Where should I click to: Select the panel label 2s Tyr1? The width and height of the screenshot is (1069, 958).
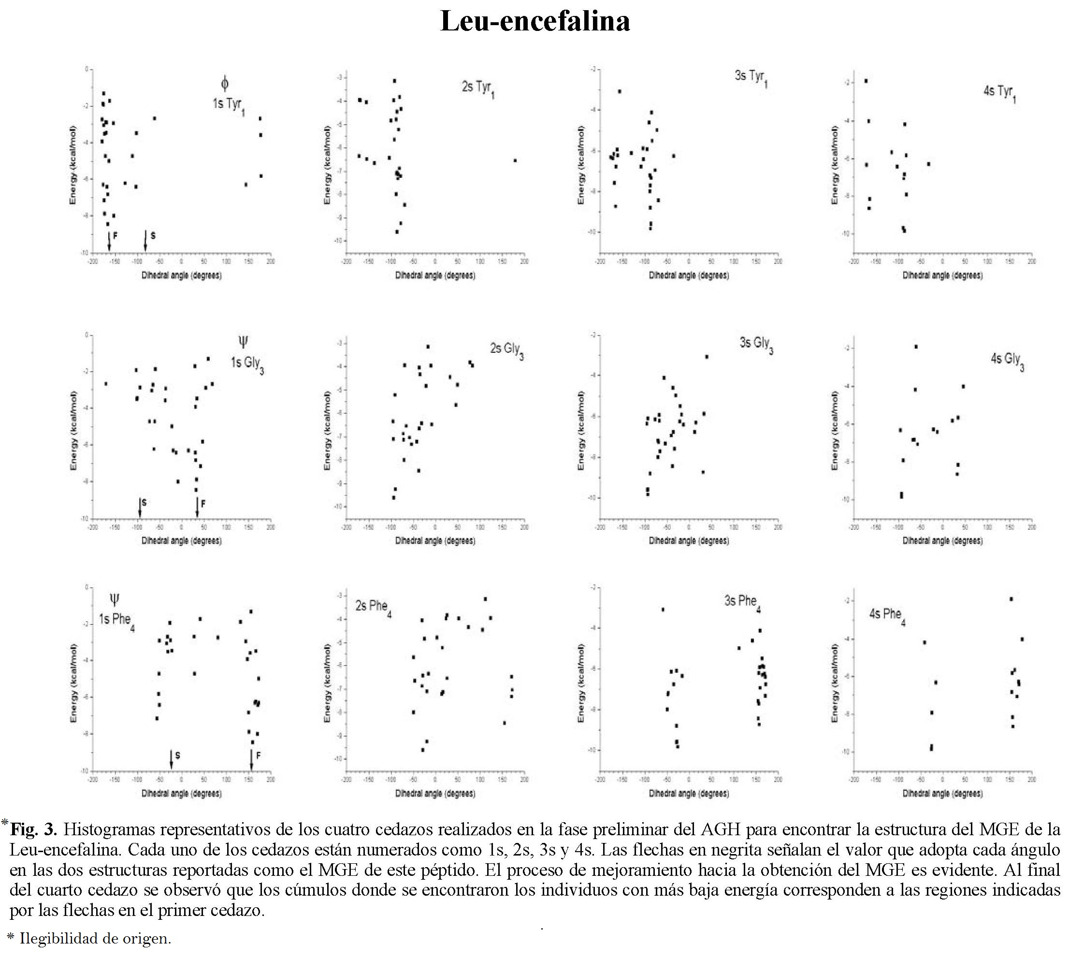click(478, 88)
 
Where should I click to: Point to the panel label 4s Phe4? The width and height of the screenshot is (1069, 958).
click(887, 616)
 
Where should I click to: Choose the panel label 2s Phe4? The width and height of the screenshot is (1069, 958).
click(373, 608)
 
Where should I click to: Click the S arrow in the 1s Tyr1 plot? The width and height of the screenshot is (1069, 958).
click(146, 240)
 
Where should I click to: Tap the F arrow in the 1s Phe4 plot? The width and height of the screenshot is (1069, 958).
click(252, 759)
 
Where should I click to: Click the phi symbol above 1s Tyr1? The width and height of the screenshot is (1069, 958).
click(225, 83)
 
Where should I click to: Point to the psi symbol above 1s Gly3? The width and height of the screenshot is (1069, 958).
click(243, 343)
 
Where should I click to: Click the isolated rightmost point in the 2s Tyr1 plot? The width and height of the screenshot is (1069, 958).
click(515, 160)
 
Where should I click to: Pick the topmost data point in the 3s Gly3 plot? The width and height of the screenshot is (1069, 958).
click(707, 357)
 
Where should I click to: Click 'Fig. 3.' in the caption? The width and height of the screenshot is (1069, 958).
click(34, 829)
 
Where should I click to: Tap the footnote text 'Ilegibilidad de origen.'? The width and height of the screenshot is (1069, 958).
click(95, 938)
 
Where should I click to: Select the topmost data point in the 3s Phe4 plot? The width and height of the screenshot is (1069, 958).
click(663, 610)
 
